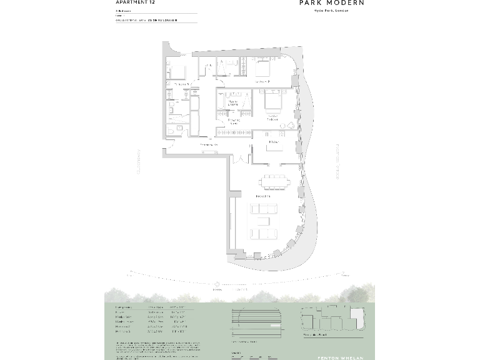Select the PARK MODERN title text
(331, 3)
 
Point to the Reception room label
(262, 197)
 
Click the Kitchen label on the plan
(273, 142)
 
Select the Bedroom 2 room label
(262, 82)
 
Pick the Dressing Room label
(234, 121)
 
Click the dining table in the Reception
(275, 182)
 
